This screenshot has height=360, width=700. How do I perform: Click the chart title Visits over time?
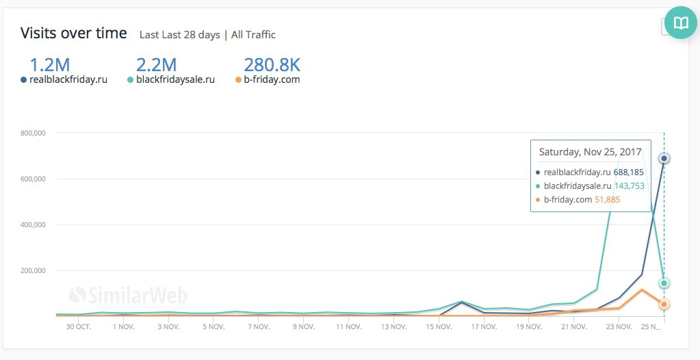(73, 33)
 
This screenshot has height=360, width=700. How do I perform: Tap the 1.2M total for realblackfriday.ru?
(49, 65)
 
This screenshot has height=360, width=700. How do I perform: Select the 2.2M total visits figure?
(156, 65)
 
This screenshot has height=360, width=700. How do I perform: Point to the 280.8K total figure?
(272, 65)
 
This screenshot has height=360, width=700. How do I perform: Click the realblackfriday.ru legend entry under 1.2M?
(68, 79)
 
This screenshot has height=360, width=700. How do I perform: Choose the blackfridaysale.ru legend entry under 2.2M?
(175, 79)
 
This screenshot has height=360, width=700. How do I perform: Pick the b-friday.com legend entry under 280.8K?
(272, 79)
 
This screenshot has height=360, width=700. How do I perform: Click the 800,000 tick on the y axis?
(30, 133)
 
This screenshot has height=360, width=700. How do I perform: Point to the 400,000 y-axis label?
(30, 224)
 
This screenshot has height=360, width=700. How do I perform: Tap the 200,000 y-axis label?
(30, 270)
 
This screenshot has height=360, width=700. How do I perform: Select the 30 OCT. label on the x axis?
(79, 327)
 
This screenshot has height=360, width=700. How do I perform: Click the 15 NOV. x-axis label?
(439, 327)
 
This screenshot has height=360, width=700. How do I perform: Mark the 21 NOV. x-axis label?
(574, 327)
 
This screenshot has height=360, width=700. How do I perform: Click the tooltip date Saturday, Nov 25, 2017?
(590, 152)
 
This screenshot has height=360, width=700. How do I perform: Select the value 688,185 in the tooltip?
(622, 172)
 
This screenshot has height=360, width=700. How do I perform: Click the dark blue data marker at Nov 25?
(664, 159)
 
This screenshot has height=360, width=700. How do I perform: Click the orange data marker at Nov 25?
(664, 304)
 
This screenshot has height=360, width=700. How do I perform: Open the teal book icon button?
(681, 23)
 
